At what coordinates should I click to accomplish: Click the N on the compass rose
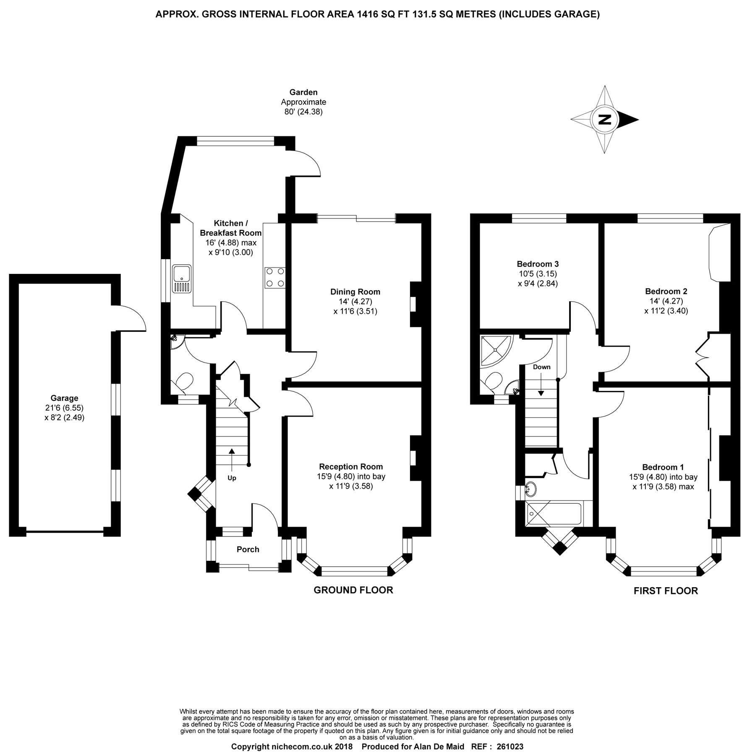(x=604, y=120)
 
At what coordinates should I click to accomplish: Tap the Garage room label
(x=64, y=398)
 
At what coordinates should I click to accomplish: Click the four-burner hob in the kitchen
(x=275, y=278)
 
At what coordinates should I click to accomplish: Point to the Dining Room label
(x=355, y=292)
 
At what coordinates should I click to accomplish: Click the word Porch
(x=248, y=549)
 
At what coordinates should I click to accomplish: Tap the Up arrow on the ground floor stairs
(x=232, y=456)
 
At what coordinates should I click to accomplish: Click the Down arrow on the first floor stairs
(x=541, y=385)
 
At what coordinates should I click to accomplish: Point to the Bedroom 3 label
(x=538, y=264)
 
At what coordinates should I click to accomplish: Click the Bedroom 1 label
(x=663, y=467)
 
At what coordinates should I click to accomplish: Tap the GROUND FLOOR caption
(x=353, y=590)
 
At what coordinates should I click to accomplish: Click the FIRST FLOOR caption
(x=666, y=591)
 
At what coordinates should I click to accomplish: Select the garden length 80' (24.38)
(x=303, y=112)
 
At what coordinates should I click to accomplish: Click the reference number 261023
(x=510, y=747)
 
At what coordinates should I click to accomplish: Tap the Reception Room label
(x=351, y=466)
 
